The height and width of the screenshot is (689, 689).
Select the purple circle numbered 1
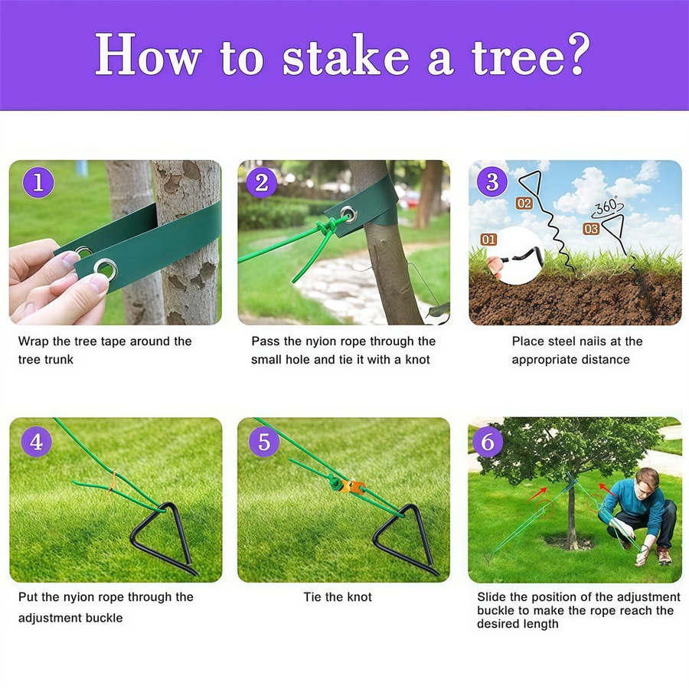[38, 184]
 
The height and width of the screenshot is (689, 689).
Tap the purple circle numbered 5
[264, 442]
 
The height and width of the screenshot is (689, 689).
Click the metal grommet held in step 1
[105, 268]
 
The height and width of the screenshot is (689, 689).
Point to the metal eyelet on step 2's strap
[348, 213]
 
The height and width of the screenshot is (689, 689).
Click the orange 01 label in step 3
[488, 240]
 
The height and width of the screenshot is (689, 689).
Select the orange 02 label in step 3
[524, 204]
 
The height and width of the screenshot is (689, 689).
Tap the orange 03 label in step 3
[591, 228]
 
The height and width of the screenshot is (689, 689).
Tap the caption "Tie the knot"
[338, 597]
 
